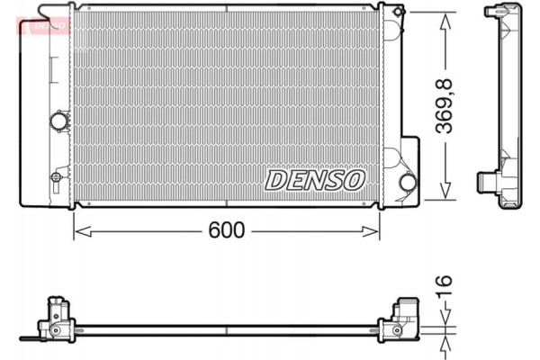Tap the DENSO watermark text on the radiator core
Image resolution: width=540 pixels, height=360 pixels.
[x=314, y=179]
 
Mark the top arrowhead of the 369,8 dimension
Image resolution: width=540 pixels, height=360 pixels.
[x=444, y=20]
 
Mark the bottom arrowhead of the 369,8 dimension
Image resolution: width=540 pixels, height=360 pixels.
[x=444, y=193]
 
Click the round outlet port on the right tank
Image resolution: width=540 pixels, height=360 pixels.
[x=407, y=182]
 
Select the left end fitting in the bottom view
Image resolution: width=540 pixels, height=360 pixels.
[x=56, y=320]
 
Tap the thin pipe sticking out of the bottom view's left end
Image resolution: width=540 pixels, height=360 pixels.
[x=31, y=339]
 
